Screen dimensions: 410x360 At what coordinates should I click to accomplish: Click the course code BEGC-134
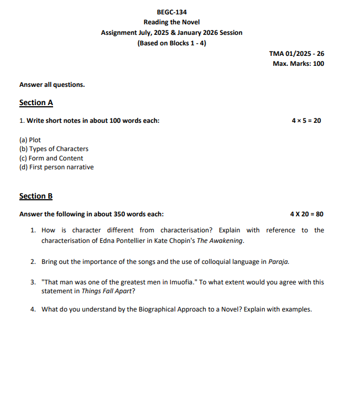[171, 12]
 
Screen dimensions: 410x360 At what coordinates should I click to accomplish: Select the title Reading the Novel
[171, 22]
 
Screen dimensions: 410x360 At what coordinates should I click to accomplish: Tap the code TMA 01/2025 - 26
[296, 54]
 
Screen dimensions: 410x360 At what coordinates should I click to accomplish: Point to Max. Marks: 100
[298, 64]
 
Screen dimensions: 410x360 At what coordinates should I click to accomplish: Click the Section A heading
[36, 102]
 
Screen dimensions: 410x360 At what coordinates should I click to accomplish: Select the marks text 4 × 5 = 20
[306, 121]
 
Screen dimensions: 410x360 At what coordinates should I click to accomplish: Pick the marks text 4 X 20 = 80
[306, 214]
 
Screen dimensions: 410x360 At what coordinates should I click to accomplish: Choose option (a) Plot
[30, 140]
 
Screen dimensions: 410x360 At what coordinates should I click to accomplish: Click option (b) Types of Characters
[54, 149]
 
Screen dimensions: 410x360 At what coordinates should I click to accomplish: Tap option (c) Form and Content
[51, 158]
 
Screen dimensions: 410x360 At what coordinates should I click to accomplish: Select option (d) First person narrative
[56, 167]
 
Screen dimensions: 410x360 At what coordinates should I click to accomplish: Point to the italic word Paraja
[278, 261]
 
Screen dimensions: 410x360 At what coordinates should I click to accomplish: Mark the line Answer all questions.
[52, 85]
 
